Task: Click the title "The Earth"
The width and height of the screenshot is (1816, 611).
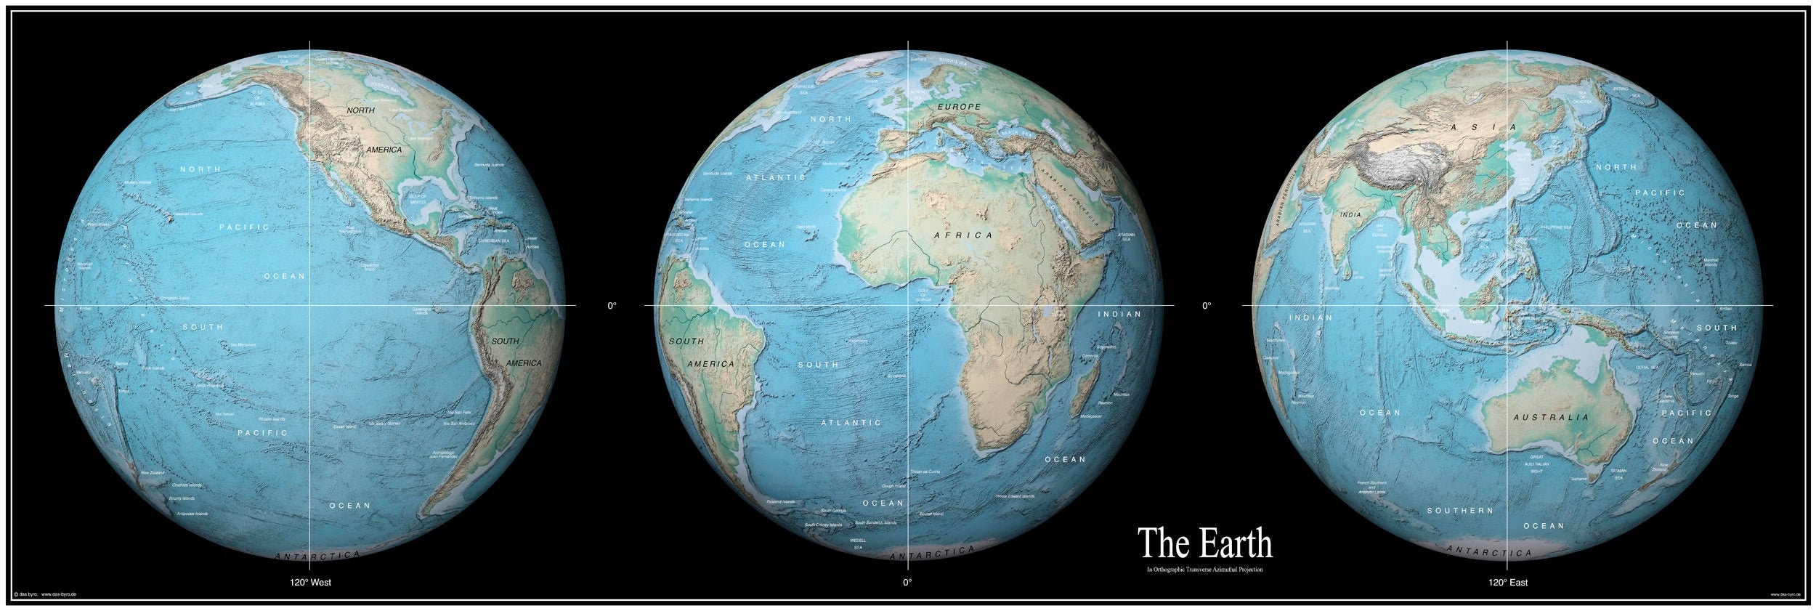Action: coord(1204,543)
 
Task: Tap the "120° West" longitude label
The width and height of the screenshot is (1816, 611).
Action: coord(311,582)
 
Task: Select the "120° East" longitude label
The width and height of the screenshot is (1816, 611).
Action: coord(1507,582)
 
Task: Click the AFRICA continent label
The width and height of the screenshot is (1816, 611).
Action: coord(963,235)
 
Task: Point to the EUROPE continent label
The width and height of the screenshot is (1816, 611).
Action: coord(959,107)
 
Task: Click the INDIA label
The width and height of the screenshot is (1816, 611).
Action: coord(1350,215)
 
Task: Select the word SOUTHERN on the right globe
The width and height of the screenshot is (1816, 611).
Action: coord(1460,511)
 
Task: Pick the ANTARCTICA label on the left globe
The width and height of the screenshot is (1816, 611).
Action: coord(317,556)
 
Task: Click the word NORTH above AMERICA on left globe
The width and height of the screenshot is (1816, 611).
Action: coord(360,110)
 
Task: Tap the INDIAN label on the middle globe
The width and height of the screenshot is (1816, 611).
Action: coord(1119,315)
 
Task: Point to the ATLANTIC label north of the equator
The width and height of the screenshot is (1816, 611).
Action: coord(776,177)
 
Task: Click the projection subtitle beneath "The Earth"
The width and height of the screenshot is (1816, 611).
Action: coord(1204,570)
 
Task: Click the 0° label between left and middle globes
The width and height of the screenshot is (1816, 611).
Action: coord(612,306)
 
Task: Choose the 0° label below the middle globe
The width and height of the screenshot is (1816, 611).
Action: coord(907,582)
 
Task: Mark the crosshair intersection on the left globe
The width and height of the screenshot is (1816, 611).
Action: coord(311,306)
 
